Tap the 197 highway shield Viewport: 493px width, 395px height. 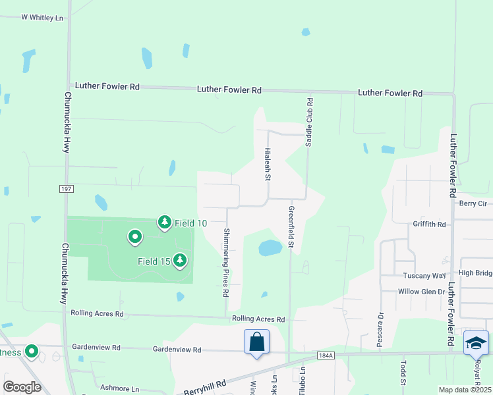(65, 190)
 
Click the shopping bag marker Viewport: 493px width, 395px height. (256, 342)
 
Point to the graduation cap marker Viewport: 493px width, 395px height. (476, 343)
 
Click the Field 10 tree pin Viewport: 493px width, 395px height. (164, 223)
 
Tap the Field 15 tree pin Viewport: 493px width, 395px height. (179, 261)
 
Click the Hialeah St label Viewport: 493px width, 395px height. (268, 164)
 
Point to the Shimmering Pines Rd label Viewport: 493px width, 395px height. (225, 261)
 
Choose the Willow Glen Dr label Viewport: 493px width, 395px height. (422, 291)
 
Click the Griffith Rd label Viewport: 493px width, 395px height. (429, 224)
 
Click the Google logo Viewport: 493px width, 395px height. (22, 387)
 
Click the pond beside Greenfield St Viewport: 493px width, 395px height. (270, 248)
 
